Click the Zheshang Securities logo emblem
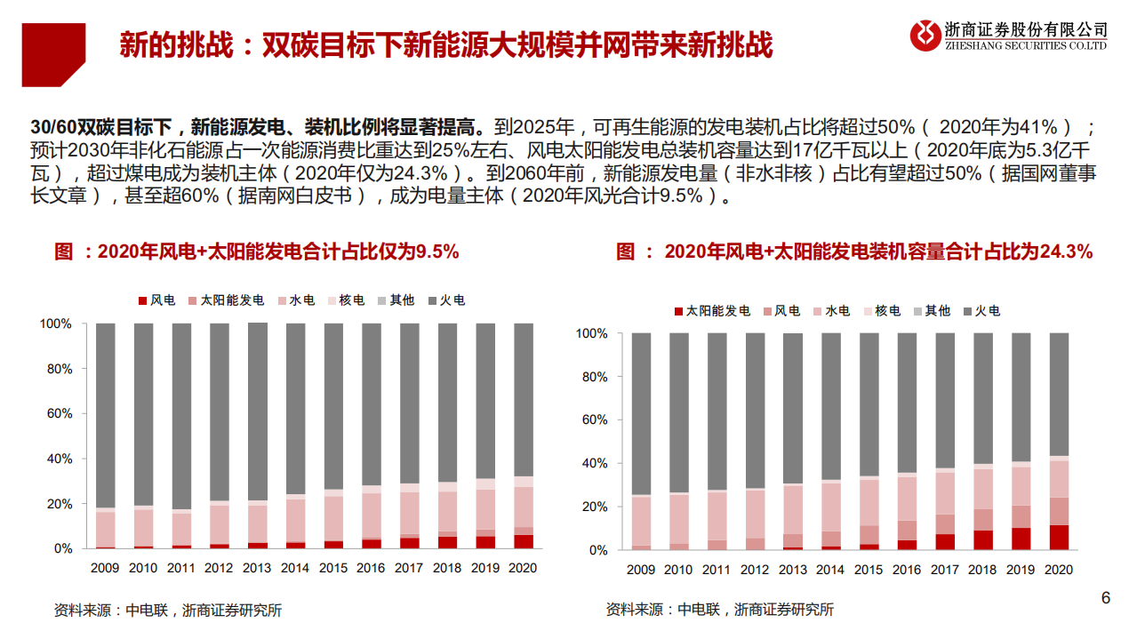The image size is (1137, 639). (x=925, y=35)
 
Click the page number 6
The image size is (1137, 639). (x=1106, y=598)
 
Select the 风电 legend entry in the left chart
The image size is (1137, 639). (x=156, y=300)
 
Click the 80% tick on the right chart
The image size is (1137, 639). (x=593, y=377)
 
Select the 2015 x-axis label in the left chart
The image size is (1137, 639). (x=333, y=568)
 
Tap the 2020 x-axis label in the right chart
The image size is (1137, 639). (x=1059, y=570)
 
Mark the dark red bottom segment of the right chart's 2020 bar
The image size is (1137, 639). (x=1059, y=538)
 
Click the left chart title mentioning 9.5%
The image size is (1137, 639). (x=256, y=252)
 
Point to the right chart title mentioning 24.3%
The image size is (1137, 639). (x=853, y=252)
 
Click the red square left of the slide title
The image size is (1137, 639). (x=53, y=54)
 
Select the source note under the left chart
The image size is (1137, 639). (x=168, y=610)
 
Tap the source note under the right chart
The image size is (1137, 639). (x=720, y=610)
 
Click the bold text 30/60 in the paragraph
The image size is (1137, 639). (x=50, y=125)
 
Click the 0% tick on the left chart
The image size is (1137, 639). (x=60, y=548)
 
